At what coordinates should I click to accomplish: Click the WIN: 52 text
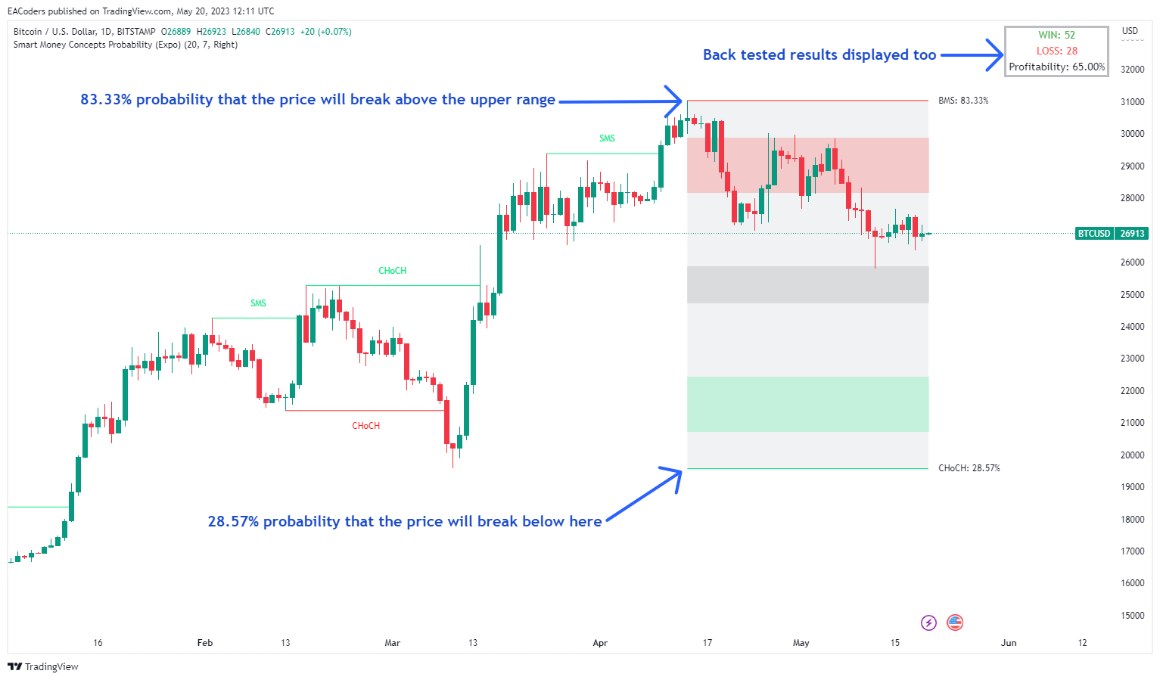1056,35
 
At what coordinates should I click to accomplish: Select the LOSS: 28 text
1056,51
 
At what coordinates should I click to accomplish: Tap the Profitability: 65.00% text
1056,67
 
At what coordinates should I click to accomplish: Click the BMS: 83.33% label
963,101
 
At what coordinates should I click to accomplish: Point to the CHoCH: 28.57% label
969,468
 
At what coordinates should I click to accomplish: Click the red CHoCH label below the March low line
365,426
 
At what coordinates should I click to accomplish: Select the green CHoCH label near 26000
392,271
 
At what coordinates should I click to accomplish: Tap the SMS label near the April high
607,138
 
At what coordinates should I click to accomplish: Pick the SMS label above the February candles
258,303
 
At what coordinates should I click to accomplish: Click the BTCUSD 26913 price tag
1112,234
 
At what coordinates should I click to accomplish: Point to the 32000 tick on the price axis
1132,70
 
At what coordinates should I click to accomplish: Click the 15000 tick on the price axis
1132,616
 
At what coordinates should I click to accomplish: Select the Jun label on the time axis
1008,643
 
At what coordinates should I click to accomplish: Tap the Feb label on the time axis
204,643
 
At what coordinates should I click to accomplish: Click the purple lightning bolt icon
928,623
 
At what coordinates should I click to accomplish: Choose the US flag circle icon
955,623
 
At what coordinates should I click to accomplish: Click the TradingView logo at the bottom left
43,666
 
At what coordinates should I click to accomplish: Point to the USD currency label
1130,31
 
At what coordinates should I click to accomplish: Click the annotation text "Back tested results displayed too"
819,54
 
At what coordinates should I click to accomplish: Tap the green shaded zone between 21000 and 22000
807,404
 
